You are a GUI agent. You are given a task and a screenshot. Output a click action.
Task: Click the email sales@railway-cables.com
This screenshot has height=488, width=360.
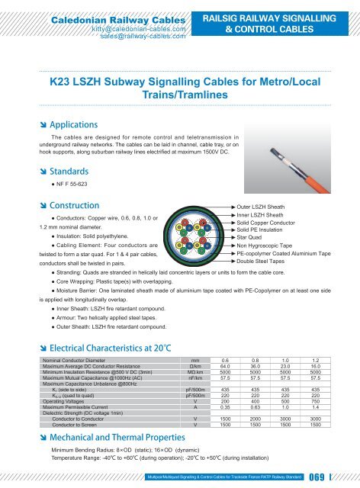coord(140,38)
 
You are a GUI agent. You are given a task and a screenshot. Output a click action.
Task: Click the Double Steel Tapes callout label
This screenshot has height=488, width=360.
coord(261,261)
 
